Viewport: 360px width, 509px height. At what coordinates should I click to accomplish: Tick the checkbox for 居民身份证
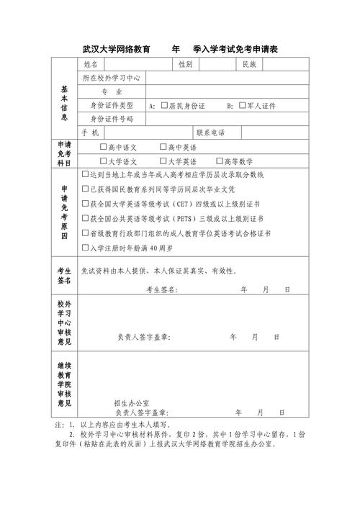[x=165, y=105]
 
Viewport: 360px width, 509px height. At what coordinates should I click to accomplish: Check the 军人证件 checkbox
[x=243, y=105]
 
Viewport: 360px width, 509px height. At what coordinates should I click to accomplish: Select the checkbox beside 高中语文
[x=103, y=147]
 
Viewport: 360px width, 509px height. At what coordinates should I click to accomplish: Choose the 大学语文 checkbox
[x=103, y=161]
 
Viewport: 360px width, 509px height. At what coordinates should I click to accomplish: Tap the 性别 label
[x=185, y=65]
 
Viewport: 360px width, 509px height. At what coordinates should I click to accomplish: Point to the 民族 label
[x=249, y=65]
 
